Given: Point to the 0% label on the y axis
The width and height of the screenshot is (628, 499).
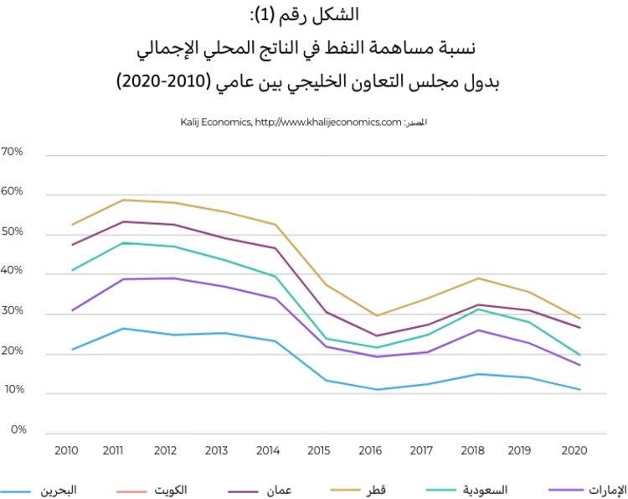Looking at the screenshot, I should (18, 430).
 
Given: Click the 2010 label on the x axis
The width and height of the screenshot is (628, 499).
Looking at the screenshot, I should (65, 451).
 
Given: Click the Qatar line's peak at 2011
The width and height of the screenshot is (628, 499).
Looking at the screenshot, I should (124, 200).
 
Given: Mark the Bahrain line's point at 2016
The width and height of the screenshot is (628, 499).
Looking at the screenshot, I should (377, 389).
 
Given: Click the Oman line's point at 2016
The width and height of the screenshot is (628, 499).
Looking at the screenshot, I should (377, 335).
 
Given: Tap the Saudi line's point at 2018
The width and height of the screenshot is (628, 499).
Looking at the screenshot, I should (478, 309).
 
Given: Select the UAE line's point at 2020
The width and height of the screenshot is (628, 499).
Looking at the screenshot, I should (579, 365).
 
